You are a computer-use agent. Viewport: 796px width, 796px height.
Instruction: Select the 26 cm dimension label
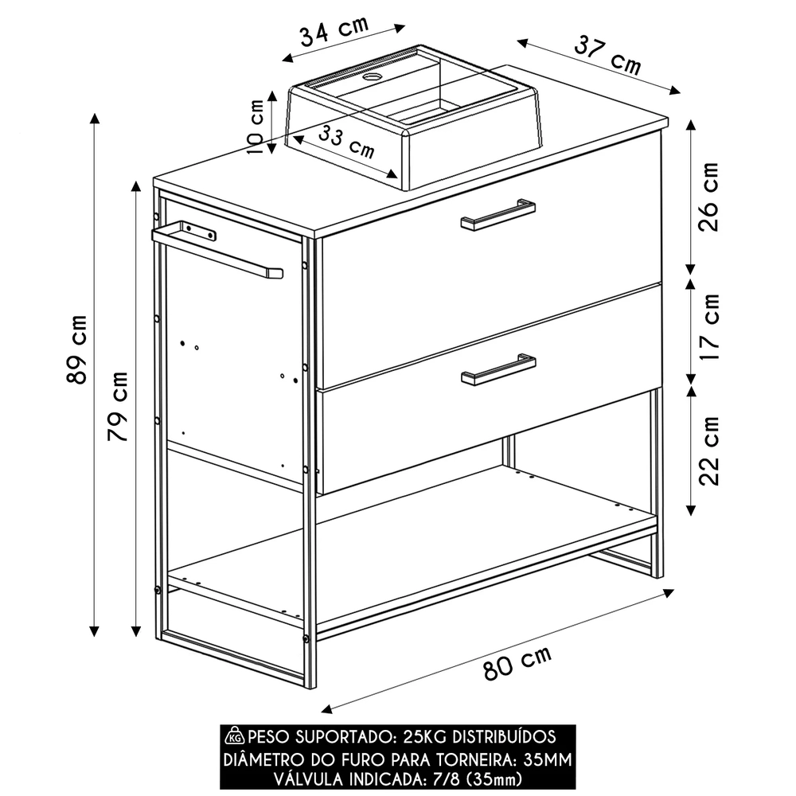(x=708, y=197)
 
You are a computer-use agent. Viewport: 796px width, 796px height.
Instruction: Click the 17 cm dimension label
(x=708, y=326)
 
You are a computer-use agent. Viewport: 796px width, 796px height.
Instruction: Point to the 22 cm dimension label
(x=708, y=450)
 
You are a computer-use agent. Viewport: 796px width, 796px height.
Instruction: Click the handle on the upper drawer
(x=497, y=215)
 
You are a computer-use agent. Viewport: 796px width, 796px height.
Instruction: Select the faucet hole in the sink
(x=372, y=78)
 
